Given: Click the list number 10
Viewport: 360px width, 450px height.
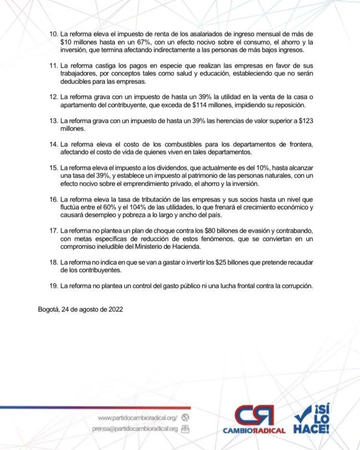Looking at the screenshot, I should pyautogui.click(x=53, y=35).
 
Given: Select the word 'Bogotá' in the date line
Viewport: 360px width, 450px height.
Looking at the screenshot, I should pyautogui.click(x=48, y=309).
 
